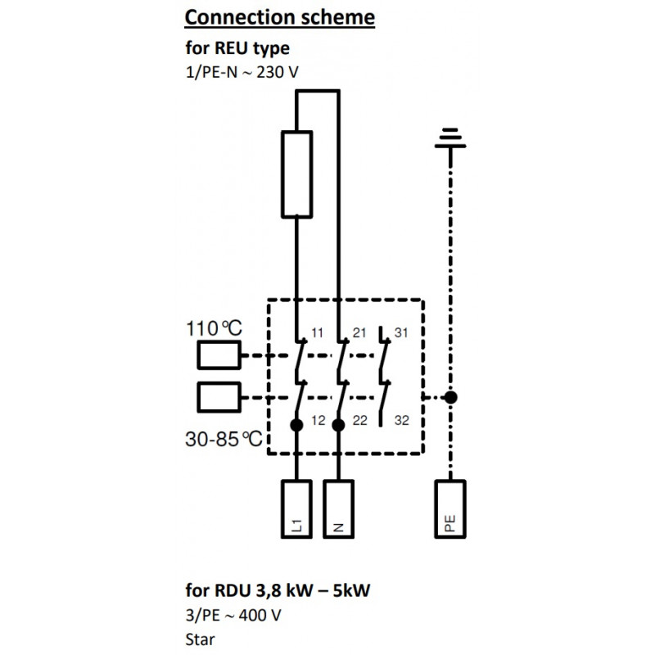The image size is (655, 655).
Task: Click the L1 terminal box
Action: click(x=296, y=508)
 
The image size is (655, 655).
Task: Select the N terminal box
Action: click(x=338, y=508)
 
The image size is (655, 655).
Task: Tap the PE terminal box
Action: click(x=450, y=508)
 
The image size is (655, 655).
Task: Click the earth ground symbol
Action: click(x=450, y=138)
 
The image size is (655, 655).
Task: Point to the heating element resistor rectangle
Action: click(x=297, y=174)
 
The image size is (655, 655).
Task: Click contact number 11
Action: click(x=317, y=332)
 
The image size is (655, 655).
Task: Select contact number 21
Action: click(x=359, y=332)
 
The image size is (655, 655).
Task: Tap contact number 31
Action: click(x=401, y=332)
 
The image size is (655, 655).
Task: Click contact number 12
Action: click(x=318, y=420)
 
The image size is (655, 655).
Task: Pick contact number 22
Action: click(x=360, y=420)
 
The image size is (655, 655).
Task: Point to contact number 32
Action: click(x=402, y=420)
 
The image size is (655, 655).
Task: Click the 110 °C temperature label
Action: click(x=214, y=328)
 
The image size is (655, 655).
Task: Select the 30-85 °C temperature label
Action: click(x=224, y=439)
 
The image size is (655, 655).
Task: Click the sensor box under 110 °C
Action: click(x=219, y=355)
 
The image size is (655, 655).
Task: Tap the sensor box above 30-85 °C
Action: click(x=219, y=397)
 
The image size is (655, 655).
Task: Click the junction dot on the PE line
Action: click(x=450, y=397)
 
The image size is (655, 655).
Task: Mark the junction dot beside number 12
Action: click(x=296, y=425)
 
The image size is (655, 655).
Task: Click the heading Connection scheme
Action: click(x=279, y=17)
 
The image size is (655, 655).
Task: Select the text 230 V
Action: click(x=278, y=72)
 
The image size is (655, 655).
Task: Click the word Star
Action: click(x=200, y=639)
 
